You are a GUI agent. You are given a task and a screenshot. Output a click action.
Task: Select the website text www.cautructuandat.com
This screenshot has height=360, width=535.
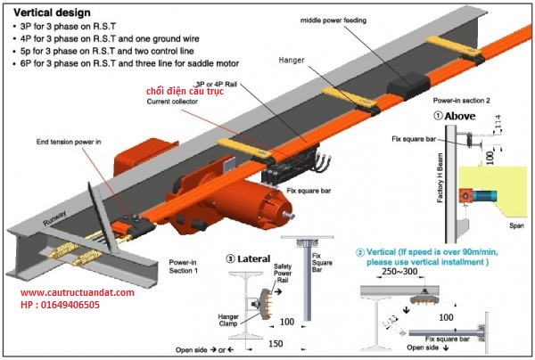click(x=77, y=292)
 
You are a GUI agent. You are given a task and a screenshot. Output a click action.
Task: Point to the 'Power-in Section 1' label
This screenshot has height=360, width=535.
click(x=184, y=266)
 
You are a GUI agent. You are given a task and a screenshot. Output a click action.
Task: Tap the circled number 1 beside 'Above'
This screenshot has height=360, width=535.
click(x=438, y=116)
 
